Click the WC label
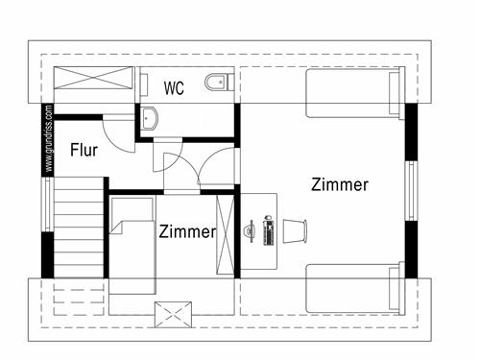point(174,89)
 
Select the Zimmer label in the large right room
point(340,185)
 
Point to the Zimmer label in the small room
point(187,231)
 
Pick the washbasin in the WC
point(152,119)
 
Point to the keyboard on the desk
point(268,231)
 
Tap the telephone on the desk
point(250,231)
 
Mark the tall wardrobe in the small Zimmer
point(228,233)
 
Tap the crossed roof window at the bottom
point(175,313)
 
